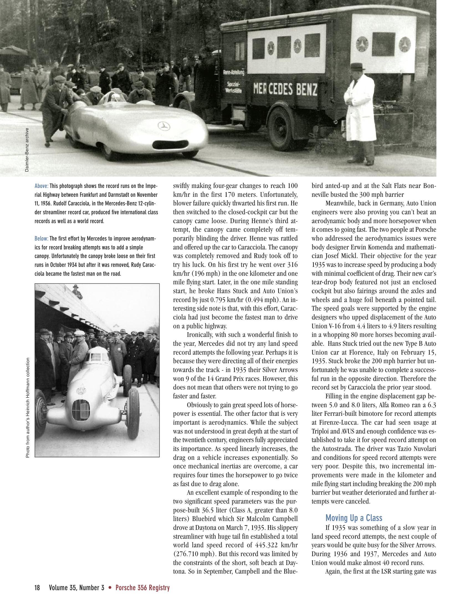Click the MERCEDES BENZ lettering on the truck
(x=285, y=89)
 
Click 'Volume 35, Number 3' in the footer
(x=76, y=596)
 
